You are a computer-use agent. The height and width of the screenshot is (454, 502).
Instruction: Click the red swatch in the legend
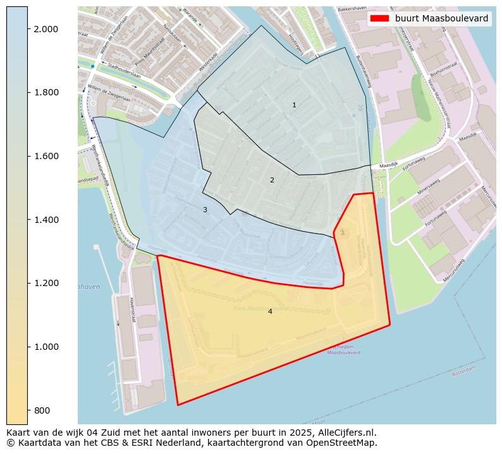point(379,18)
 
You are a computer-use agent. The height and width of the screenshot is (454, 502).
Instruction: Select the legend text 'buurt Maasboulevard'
point(441,18)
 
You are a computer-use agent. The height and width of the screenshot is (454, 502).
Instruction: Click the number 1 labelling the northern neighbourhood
point(294,105)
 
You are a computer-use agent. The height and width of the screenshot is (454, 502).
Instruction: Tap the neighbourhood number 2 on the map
point(272,180)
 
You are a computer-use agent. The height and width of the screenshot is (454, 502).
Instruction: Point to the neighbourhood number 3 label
point(205,210)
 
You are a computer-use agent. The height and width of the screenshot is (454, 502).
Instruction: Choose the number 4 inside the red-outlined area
point(270,311)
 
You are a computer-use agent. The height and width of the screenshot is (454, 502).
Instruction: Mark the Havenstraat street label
point(133,310)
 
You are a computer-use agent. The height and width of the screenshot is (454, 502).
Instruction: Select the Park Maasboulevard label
point(260,309)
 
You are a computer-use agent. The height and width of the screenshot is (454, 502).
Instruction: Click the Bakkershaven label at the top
point(353,9)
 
